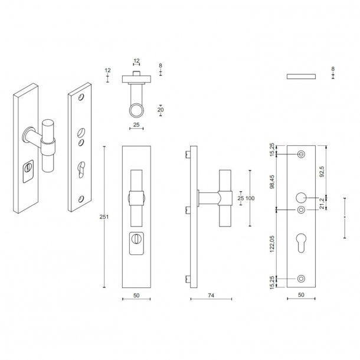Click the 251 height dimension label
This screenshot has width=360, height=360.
(x=104, y=217)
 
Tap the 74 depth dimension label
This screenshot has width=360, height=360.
(x=211, y=295)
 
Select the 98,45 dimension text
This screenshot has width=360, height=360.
(x=272, y=182)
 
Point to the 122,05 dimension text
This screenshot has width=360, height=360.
(x=272, y=244)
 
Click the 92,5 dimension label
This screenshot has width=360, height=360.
(x=322, y=171)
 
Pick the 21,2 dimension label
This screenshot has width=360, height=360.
(x=322, y=203)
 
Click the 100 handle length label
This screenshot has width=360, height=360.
(x=250, y=198)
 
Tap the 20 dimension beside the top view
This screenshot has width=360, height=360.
(x=161, y=110)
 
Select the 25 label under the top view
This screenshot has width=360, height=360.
(x=136, y=125)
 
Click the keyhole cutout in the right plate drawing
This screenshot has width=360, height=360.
(x=301, y=243)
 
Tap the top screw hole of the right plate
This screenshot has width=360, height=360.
(x=301, y=154)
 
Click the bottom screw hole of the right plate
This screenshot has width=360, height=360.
(x=301, y=279)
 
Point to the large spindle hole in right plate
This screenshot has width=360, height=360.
(x=301, y=198)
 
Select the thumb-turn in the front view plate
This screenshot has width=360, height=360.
(x=136, y=239)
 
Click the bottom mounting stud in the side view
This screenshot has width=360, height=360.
(x=188, y=279)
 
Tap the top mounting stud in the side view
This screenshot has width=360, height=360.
(x=188, y=154)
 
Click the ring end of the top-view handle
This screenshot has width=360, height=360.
(x=136, y=110)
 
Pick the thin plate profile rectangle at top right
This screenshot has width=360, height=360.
(x=301, y=77)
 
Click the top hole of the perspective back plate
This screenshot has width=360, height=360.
(x=81, y=97)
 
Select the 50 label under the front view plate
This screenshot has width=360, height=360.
(x=136, y=295)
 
